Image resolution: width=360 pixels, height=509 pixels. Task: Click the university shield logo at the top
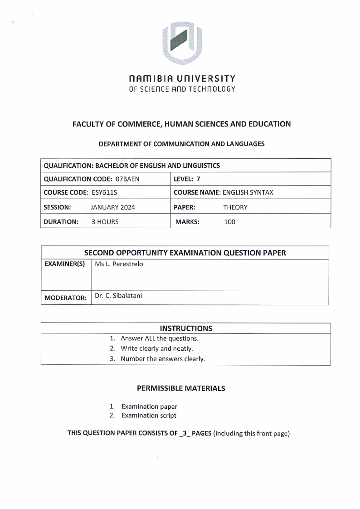click(182, 43)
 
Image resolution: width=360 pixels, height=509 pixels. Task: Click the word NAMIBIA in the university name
click(151, 78)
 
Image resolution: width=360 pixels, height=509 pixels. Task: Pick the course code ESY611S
click(104, 192)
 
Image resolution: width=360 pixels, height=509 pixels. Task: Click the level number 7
click(198, 179)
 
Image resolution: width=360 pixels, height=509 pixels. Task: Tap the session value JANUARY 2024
click(113, 207)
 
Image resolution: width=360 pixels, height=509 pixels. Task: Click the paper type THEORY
click(235, 207)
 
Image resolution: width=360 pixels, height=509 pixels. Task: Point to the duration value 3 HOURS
click(105, 222)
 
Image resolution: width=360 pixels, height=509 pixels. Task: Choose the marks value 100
click(230, 222)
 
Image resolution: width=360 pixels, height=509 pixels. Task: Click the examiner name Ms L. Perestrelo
click(119, 264)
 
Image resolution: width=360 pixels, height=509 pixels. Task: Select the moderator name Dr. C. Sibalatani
click(118, 296)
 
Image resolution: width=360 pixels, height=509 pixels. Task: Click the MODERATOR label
click(65, 298)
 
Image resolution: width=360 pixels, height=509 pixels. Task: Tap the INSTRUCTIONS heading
click(186, 328)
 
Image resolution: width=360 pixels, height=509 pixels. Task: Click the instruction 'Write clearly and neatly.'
click(157, 348)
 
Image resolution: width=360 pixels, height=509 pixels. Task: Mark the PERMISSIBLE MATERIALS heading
click(181, 388)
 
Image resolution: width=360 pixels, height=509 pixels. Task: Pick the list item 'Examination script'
click(149, 416)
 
